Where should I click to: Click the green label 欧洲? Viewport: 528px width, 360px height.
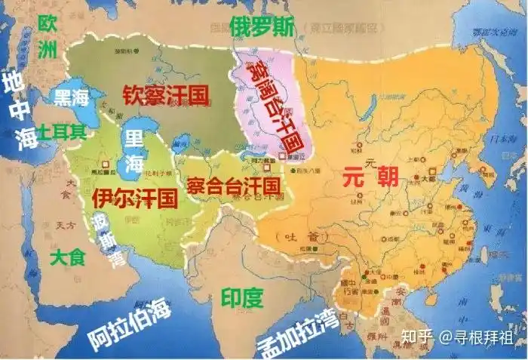(x=48, y=36)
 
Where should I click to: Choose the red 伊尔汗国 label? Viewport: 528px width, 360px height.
(x=134, y=198)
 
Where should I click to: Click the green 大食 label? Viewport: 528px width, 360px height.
(x=68, y=257)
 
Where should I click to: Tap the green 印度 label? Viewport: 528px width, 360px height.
(x=242, y=297)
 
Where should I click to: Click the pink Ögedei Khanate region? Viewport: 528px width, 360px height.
(x=260, y=83)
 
